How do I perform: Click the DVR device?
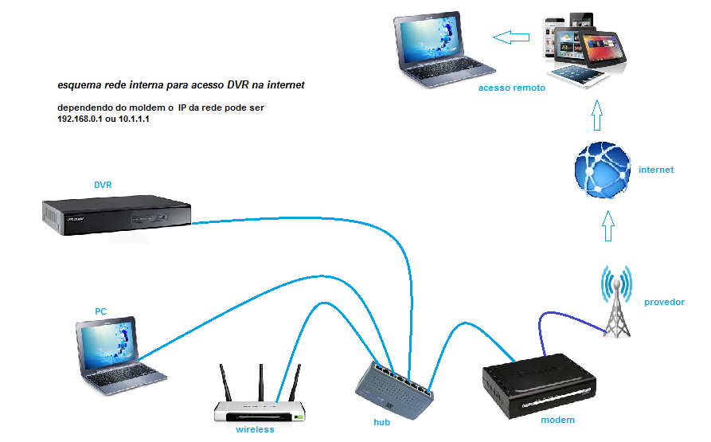[118, 215]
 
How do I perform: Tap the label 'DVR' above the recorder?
[103, 185]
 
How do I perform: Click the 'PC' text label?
[101, 311]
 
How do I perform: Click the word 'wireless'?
[255, 430]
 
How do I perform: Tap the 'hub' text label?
[382, 422]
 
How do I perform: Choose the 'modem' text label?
[557, 420]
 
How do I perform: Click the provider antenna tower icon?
[616, 303]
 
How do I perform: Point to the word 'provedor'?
[664, 302]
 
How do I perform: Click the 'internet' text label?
[656, 170]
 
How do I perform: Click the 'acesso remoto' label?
[512, 88]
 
